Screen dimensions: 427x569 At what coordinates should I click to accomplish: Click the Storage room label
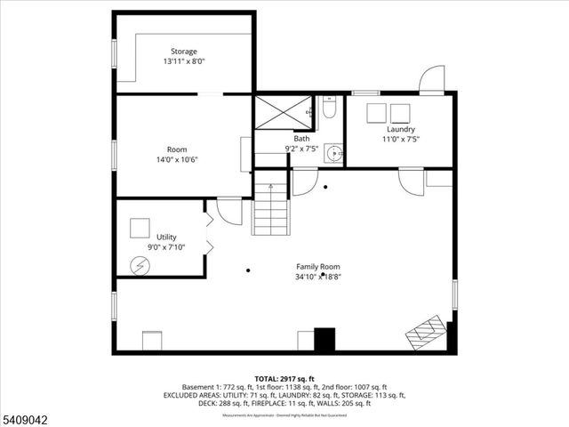[184, 52]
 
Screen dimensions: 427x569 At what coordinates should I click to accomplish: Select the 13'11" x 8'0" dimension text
[184, 62]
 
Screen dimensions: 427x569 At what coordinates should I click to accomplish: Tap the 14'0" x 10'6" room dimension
[177, 160]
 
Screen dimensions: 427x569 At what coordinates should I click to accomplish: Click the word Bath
[302, 138]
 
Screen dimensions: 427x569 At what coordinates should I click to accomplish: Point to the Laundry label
[400, 129]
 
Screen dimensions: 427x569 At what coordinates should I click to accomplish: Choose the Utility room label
[166, 237]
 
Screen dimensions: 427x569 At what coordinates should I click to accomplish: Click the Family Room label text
[317, 266]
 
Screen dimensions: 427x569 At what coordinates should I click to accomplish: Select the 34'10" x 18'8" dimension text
[317, 277]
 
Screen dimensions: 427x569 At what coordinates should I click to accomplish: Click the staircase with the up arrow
[271, 210]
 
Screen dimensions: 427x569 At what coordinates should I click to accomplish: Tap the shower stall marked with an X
[281, 113]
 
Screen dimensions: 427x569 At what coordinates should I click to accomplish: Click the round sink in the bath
[333, 152]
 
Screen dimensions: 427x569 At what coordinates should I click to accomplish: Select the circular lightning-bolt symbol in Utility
[139, 264]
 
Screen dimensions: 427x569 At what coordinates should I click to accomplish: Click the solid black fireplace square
[325, 341]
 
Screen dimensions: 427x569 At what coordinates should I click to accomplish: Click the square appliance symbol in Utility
[139, 228]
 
